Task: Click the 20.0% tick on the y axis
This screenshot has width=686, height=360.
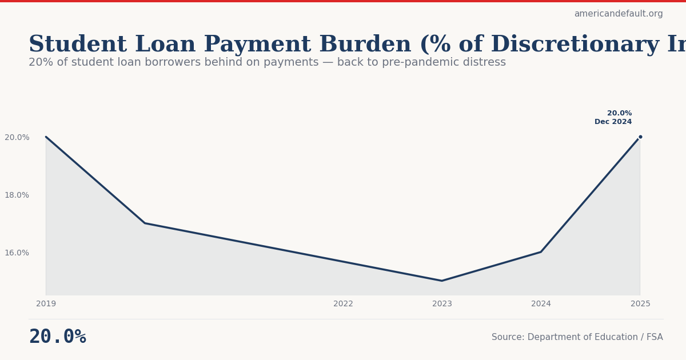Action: pos(17,137)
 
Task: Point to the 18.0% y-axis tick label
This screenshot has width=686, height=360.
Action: pos(17,195)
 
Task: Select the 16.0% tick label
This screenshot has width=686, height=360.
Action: pos(17,253)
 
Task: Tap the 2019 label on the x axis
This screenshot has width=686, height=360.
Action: pos(46,304)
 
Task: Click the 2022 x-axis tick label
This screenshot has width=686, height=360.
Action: pos(343,304)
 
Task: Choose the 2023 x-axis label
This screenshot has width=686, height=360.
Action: pos(442,304)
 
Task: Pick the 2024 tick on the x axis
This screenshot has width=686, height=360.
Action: pos(541,304)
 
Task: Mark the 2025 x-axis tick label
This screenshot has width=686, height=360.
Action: pos(640,304)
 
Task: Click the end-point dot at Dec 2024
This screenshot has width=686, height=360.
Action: pos(640,137)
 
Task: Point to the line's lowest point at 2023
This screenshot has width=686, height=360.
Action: pos(442,281)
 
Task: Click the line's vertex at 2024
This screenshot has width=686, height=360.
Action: pos(541,252)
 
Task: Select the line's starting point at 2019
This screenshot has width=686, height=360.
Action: pos(46,137)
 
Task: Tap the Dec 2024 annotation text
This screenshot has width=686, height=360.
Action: pos(613,122)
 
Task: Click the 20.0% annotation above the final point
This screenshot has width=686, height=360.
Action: pos(619,113)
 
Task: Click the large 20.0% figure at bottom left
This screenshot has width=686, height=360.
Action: pos(57,337)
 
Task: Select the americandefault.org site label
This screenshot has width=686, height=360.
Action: pos(619,14)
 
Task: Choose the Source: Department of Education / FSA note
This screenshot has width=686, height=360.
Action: pos(577,337)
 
